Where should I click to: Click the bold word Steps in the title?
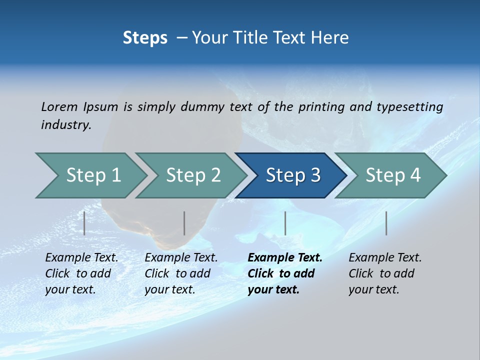pyautogui.click(x=145, y=38)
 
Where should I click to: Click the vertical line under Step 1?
pyautogui.click(x=84, y=223)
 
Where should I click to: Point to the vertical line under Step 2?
pyautogui.click(x=184, y=223)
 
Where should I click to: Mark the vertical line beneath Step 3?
pyautogui.click(x=285, y=223)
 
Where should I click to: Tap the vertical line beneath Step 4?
pyautogui.click(x=386, y=223)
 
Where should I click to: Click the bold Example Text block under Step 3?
pyautogui.click(x=284, y=273)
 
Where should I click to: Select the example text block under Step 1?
pyautogui.click(x=81, y=273)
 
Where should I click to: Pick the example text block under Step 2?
pyautogui.click(x=180, y=273)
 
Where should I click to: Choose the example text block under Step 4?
pyautogui.click(x=384, y=273)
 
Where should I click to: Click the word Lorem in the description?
pyautogui.click(x=59, y=107)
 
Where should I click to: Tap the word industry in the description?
pyautogui.click(x=66, y=125)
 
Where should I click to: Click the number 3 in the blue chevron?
pyautogui.click(x=315, y=175)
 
